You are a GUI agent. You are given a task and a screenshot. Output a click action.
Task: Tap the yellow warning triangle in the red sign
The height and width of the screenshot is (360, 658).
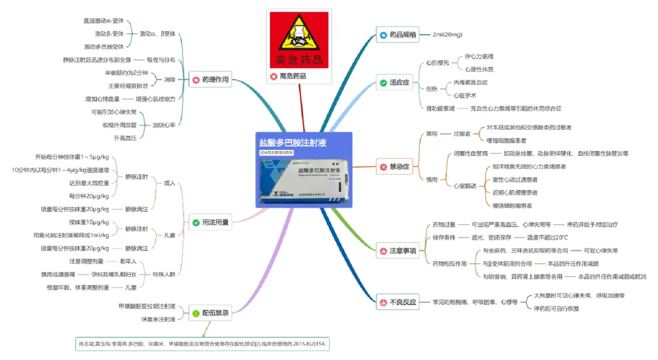pos(299,37)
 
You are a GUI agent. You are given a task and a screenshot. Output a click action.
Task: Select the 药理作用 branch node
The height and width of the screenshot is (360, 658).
pos(210,80)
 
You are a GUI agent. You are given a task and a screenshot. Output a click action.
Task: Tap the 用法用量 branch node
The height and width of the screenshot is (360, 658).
pos(210,222)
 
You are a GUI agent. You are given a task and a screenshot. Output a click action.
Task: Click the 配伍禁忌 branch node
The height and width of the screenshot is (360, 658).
pos(210,313)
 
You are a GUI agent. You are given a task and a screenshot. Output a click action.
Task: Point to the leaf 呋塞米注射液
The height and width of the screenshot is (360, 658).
pos(158,319)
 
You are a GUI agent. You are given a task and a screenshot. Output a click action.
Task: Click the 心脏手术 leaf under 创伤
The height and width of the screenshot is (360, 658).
pos(465,96)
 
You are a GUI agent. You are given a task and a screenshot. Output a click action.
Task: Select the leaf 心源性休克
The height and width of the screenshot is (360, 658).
pos(479,69)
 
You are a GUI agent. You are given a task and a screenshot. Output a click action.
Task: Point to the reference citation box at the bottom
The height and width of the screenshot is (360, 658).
pos(202,344)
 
